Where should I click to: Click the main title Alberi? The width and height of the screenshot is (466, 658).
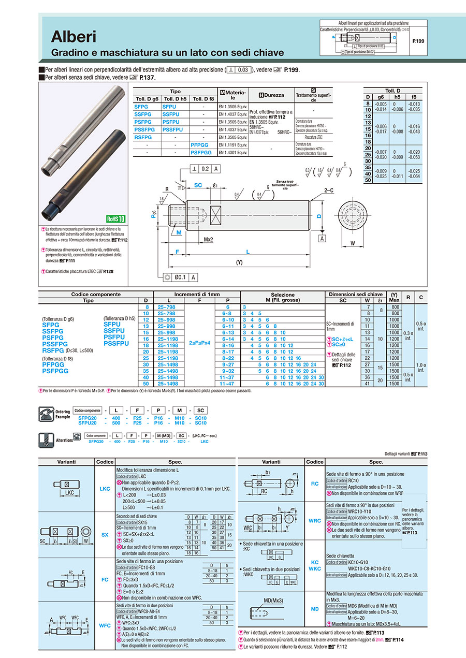coord(74,37)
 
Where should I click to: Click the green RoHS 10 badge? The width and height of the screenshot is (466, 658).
coord(116,219)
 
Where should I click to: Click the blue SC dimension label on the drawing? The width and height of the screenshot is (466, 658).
coord(198,185)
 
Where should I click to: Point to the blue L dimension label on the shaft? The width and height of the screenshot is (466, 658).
coord(247,252)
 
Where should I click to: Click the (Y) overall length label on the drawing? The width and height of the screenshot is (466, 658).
coord(239,262)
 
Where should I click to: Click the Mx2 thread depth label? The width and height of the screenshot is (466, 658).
coord(209,240)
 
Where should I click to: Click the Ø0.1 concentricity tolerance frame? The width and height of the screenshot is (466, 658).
coord(181,277)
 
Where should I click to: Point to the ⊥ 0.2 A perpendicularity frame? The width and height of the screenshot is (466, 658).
coord(206,169)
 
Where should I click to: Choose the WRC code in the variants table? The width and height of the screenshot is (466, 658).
coord(314,520)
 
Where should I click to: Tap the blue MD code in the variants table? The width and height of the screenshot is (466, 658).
coord(314,609)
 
